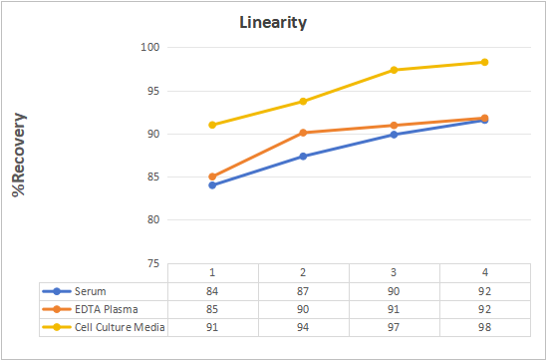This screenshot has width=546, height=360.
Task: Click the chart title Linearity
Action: click(273, 23)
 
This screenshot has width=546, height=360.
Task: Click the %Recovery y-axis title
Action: click(19, 155)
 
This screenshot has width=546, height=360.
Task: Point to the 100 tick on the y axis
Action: click(150, 47)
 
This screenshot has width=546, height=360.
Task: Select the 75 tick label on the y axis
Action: click(153, 263)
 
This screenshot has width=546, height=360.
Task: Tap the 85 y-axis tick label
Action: click(153, 178)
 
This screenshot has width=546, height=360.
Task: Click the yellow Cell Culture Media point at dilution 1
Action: click(212, 125)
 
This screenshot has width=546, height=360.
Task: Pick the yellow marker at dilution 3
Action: click(394, 70)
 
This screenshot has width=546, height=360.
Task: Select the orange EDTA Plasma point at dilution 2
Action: click(303, 133)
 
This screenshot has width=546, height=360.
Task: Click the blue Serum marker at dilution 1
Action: click(212, 185)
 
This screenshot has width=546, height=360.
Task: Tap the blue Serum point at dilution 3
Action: click(394, 135)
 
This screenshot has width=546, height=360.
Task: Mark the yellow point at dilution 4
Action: click(484, 62)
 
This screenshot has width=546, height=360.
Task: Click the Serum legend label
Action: click(91, 291)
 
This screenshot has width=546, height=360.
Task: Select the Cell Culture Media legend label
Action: click(120, 327)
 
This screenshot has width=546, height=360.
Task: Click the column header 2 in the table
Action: click(303, 272)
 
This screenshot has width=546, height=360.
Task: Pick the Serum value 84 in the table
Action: click(212, 291)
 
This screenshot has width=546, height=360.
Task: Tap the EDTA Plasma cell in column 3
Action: click(394, 309)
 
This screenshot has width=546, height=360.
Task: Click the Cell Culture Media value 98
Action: click(484, 327)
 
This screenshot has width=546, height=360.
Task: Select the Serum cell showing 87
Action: click(303, 291)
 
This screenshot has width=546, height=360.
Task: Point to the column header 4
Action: click(484, 272)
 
